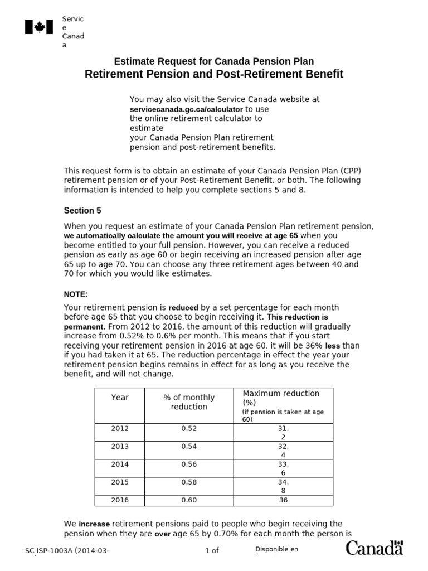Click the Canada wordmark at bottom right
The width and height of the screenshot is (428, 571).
tap(374, 548)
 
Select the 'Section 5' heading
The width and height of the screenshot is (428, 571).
tap(82, 210)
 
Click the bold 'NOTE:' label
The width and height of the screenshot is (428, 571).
tap(76, 294)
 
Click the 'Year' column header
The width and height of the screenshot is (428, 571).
tap(120, 398)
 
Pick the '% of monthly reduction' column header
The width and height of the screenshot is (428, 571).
tap(189, 402)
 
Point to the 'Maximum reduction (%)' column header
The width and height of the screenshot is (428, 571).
tap(281, 398)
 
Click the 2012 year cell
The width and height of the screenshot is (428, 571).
tap(120, 429)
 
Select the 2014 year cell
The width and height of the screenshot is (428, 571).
tap(120, 464)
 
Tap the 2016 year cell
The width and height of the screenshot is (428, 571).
tap(120, 500)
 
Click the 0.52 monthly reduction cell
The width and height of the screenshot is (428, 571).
tap(189, 429)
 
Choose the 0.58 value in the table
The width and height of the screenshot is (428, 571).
tap(189, 482)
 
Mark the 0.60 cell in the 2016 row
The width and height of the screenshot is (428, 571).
tap(189, 500)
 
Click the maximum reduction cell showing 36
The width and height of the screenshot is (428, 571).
tap(283, 500)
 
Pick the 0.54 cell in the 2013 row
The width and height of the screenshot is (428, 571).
tap(189, 446)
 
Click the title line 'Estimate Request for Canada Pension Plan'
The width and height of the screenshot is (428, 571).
tap(213, 61)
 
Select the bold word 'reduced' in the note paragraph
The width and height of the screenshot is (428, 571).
tap(183, 308)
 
